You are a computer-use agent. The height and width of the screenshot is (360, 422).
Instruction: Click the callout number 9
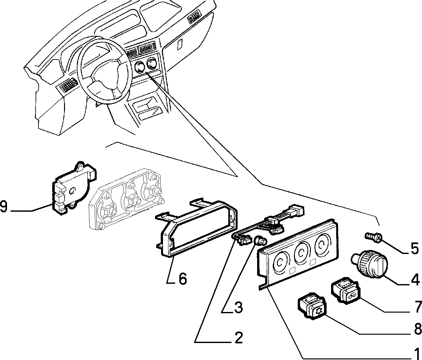pyautogui.click(x=4, y=207)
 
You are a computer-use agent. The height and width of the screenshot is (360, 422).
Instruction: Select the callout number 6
pyautogui.click(x=183, y=279)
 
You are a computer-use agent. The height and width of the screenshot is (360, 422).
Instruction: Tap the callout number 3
pyautogui.click(x=239, y=307)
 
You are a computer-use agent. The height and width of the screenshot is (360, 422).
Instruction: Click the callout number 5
pyautogui.click(x=415, y=249)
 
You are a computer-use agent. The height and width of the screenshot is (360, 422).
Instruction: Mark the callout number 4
pyautogui.click(x=415, y=279)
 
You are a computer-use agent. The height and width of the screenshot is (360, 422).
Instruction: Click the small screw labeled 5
pyautogui.click(x=373, y=238)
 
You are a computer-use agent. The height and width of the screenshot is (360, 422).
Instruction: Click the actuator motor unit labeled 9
pyautogui.click(x=74, y=188)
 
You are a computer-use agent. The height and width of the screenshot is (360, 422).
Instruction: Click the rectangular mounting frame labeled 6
pyautogui.click(x=196, y=229)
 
